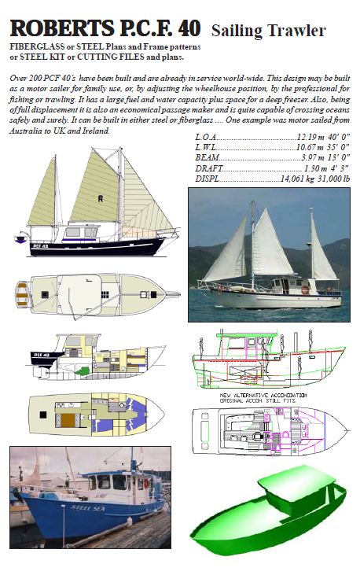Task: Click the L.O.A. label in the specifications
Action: [208, 137]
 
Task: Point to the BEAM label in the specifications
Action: [207, 158]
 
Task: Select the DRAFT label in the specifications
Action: [209, 168]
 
